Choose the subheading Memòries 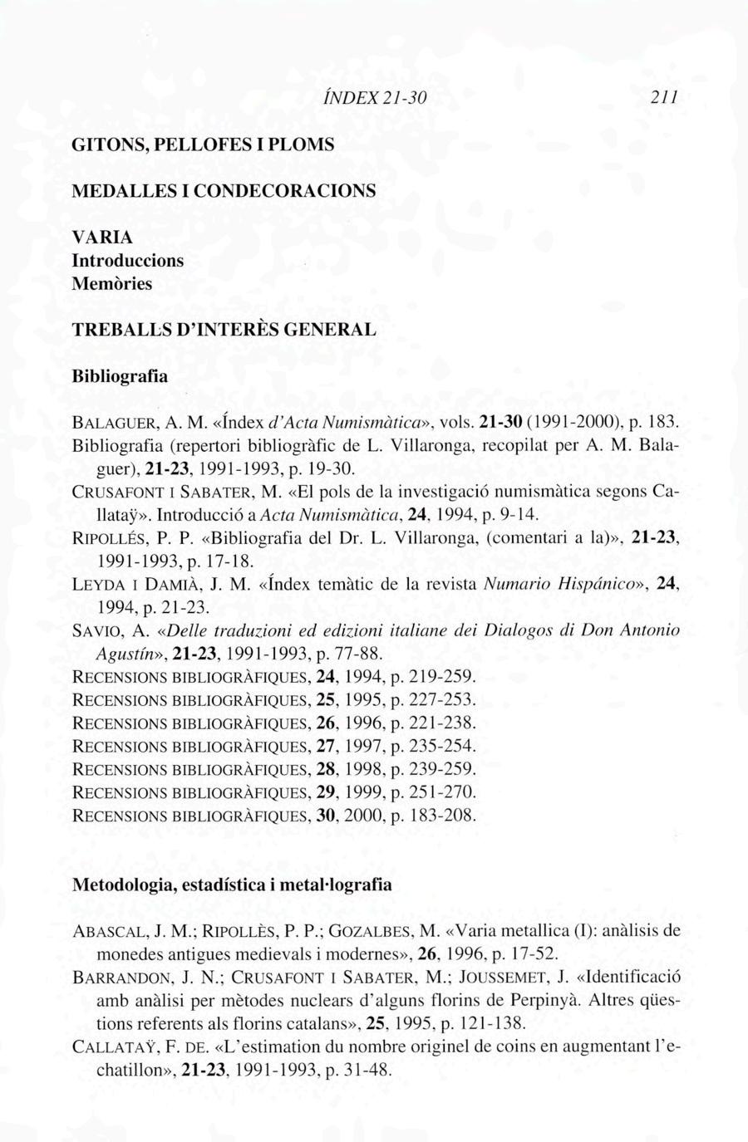click(x=113, y=283)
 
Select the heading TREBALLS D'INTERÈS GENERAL click(x=225, y=329)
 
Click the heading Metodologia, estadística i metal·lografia click(x=232, y=885)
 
